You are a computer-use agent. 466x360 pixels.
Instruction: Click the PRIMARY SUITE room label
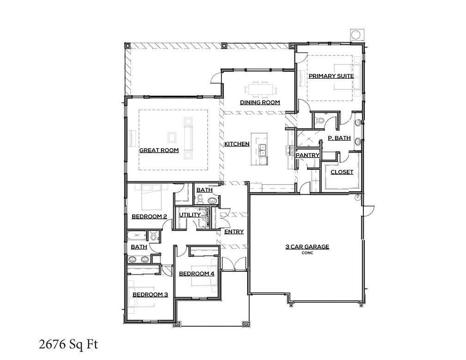[x=331, y=76]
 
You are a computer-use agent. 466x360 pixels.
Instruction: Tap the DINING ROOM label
[x=259, y=102]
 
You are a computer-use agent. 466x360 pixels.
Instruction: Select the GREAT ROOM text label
[x=159, y=150]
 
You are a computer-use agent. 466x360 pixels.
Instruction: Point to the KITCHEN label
[x=237, y=144]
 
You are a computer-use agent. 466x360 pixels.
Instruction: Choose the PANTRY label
[x=307, y=155]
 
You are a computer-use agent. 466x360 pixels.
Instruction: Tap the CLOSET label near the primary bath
[x=342, y=172]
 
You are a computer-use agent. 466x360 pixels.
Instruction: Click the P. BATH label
[x=339, y=138]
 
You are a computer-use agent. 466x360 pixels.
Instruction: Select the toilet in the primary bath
[x=319, y=121]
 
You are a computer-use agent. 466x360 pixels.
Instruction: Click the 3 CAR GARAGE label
[x=307, y=247]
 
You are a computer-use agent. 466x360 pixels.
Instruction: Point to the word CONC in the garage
[x=307, y=253]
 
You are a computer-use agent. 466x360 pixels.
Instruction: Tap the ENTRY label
[x=234, y=232]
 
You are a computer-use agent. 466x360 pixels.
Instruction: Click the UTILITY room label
[x=190, y=215]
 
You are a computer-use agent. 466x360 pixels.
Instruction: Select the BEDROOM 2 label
[x=149, y=216]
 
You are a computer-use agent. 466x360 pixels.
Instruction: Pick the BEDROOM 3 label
[x=150, y=294]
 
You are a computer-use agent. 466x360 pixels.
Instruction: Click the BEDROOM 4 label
[x=196, y=273]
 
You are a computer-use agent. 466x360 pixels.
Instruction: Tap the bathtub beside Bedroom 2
[x=137, y=236]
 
